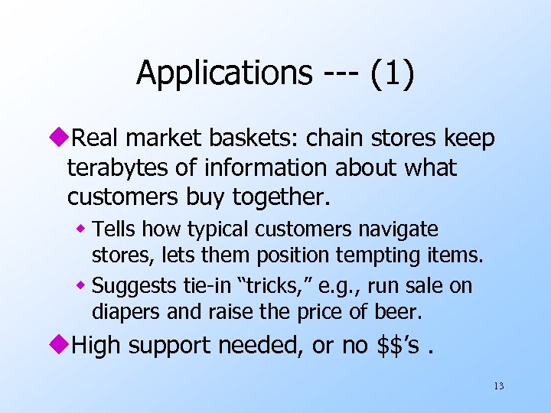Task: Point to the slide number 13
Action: pyautogui.click(x=499, y=385)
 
